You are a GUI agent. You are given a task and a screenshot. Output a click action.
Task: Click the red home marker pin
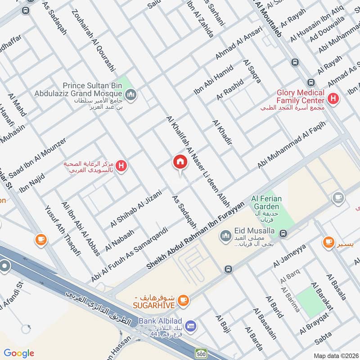click(180, 162)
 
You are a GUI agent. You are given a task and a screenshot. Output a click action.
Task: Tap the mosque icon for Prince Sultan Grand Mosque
click(131, 94)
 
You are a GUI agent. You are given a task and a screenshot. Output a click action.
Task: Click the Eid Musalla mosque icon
click(225, 235)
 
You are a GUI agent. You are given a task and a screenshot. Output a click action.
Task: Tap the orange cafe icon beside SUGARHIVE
click(183, 299)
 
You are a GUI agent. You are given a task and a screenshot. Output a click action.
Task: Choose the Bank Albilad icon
click(191, 326)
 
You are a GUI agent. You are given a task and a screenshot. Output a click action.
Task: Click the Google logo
click(19, 353)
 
